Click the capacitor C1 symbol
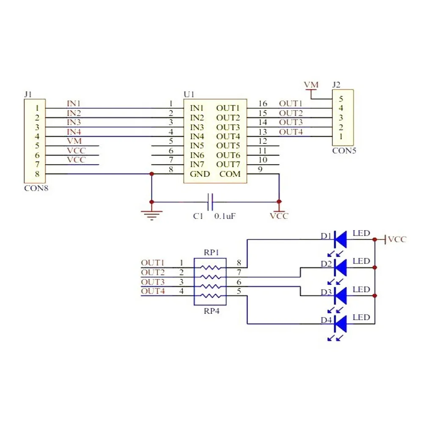210,202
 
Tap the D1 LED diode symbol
341,239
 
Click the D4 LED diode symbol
341,324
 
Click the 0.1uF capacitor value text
225,216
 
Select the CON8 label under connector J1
36,189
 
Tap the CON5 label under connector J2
344,150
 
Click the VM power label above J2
311,85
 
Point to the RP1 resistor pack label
211,253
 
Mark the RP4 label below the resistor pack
211,311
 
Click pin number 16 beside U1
262,104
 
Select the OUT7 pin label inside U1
228,164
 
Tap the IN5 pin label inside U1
197,146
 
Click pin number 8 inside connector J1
37,173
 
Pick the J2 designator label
337,85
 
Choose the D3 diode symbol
341,296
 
